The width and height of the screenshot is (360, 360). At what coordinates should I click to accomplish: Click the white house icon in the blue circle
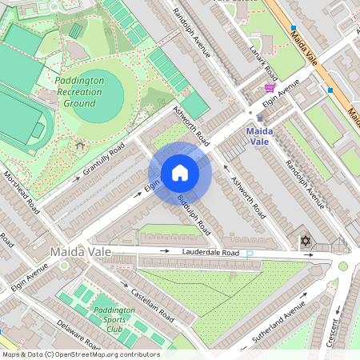pyautogui.click(x=180, y=173)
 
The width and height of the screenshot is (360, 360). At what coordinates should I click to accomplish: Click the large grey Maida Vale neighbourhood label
pyautogui.click(x=80, y=252)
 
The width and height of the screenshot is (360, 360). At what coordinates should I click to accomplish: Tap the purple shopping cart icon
pyautogui.click(x=270, y=87)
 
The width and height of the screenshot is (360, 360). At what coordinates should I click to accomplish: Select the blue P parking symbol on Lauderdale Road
pyautogui.click(x=250, y=254)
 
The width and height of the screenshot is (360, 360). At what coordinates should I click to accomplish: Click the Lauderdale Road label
pyautogui.click(x=210, y=253)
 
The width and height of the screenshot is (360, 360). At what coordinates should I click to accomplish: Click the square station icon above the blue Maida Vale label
pyautogui.click(x=259, y=117)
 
